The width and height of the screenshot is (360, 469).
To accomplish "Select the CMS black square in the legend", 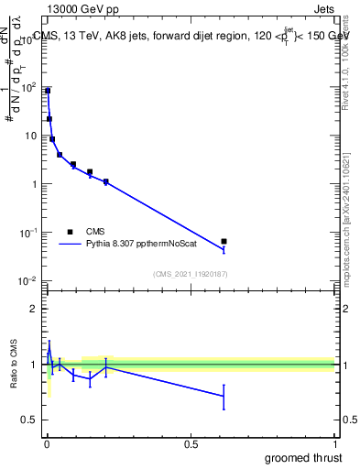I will tap(70, 232).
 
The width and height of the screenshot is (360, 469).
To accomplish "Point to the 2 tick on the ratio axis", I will tap(35, 309).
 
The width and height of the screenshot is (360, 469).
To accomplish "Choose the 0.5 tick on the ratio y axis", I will tap(31, 420).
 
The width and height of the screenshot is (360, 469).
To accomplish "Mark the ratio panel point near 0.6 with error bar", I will tap(224, 396).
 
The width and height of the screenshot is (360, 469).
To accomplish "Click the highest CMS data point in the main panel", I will tap(48, 91).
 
